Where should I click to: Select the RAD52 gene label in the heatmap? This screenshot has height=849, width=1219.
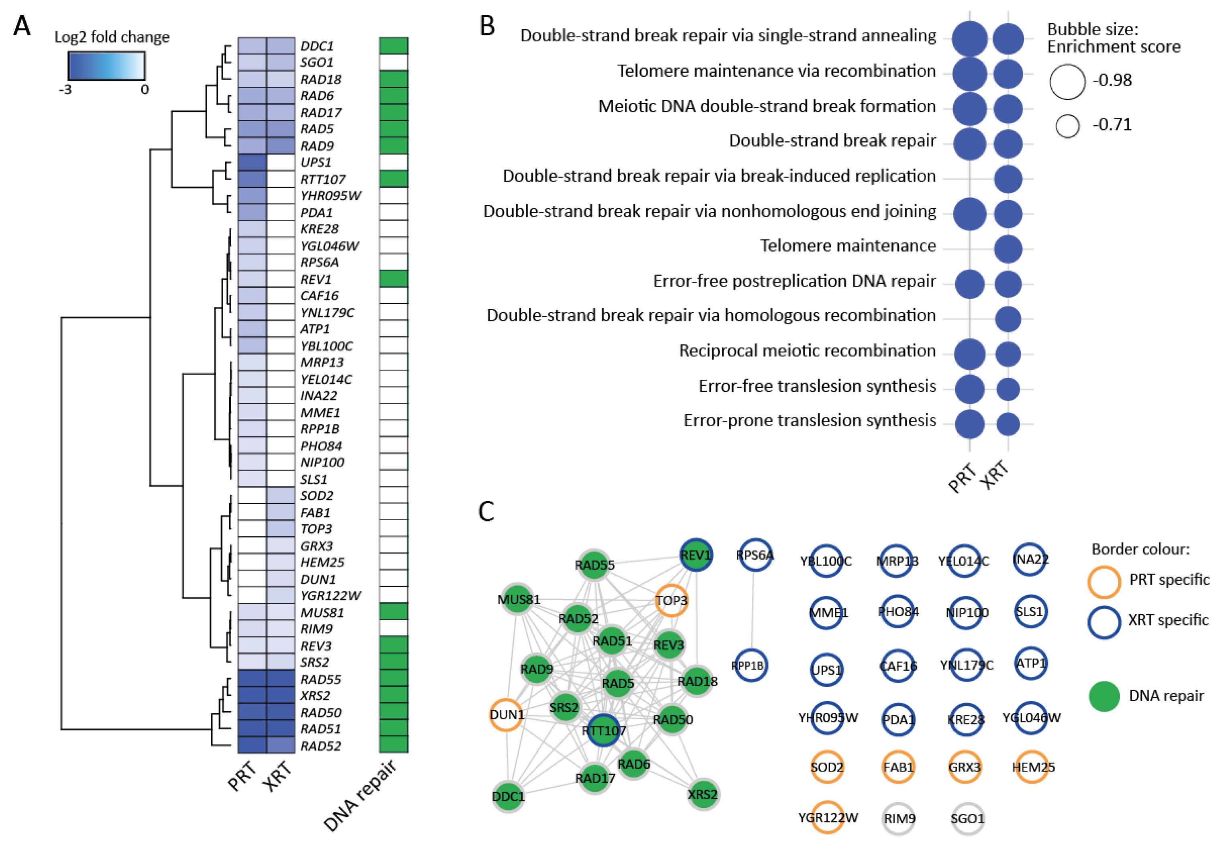[x=321, y=745]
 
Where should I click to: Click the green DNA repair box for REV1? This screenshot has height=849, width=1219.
[x=393, y=279]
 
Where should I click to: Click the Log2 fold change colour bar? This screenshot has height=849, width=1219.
[x=106, y=66]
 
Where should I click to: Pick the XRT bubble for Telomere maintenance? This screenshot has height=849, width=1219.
[x=1008, y=249]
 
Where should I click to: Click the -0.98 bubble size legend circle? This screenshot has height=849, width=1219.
[x=1067, y=82]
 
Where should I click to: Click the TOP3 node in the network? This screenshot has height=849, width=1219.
[x=672, y=601]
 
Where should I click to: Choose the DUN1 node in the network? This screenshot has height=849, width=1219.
[x=506, y=715]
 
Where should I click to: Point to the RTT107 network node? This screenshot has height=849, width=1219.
[x=604, y=731]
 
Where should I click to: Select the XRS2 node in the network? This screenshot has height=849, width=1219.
[x=702, y=794]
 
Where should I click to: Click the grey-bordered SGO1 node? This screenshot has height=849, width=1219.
[x=967, y=818]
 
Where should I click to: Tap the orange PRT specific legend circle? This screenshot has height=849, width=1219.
[x=1104, y=581]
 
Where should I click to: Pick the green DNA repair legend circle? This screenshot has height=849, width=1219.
[x=1104, y=696]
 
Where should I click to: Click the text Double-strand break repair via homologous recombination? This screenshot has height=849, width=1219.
[x=711, y=316]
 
